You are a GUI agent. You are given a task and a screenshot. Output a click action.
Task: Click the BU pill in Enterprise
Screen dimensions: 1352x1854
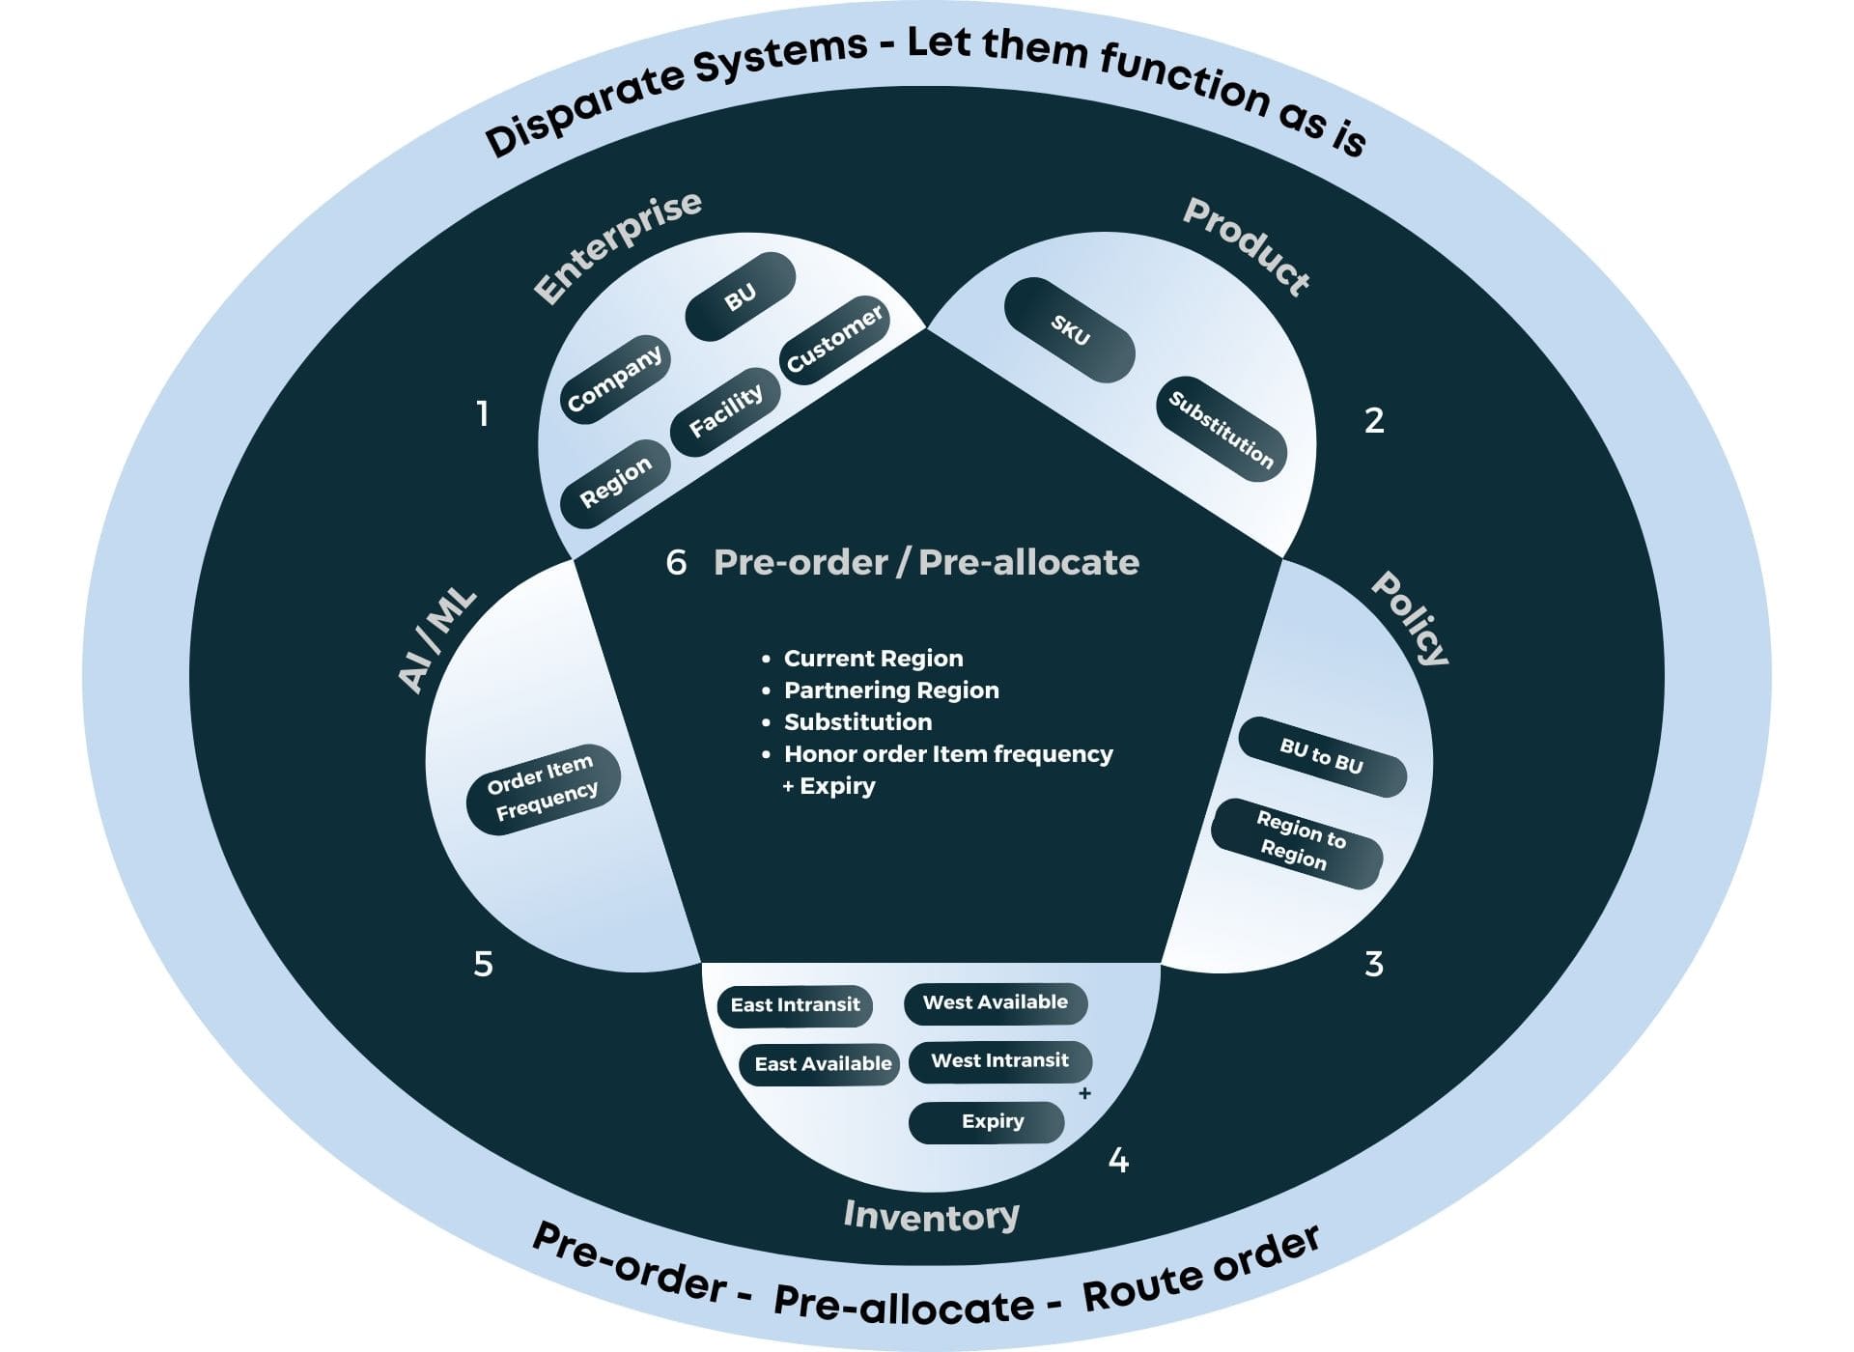740,296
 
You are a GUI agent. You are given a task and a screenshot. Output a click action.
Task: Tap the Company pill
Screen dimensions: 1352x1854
615,377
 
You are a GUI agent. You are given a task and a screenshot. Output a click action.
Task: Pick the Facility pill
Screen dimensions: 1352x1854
725,409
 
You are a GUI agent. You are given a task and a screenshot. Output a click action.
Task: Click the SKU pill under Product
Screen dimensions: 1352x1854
1070,329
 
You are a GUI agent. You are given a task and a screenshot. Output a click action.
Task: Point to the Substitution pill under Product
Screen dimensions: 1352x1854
1222,429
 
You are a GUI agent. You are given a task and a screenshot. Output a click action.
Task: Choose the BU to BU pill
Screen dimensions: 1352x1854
1322,756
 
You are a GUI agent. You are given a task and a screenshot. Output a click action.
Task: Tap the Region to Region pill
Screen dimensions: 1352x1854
1297,842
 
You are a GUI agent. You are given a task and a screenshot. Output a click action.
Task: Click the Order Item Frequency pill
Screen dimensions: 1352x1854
543,789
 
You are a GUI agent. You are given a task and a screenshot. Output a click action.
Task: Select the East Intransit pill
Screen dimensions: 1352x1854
795,1005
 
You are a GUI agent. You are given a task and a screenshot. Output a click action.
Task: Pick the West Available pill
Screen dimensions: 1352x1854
996,1002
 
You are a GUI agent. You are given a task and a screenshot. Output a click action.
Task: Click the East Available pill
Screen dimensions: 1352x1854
822,1064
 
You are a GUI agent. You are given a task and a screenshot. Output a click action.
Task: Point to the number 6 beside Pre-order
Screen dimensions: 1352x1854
676,562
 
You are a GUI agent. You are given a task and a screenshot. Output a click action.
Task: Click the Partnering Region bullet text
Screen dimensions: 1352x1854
891,690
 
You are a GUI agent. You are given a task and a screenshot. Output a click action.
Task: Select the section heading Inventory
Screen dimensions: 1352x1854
931,1216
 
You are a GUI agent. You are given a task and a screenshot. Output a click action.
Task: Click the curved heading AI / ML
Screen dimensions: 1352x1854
437,638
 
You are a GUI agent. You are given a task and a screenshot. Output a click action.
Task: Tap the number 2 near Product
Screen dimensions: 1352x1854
1373,420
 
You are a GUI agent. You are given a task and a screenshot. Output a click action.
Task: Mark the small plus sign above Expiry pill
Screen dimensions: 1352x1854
1084,1093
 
